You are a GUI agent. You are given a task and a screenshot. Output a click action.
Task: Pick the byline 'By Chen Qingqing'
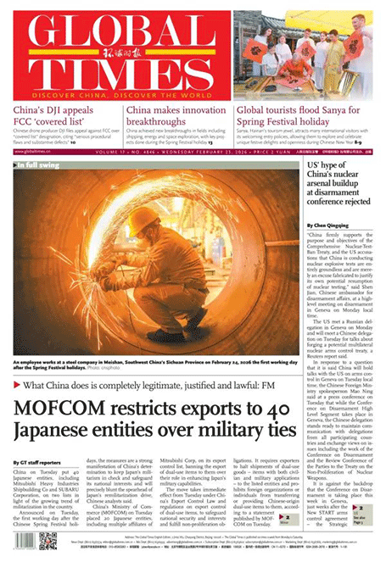click(x=326, y=226)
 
